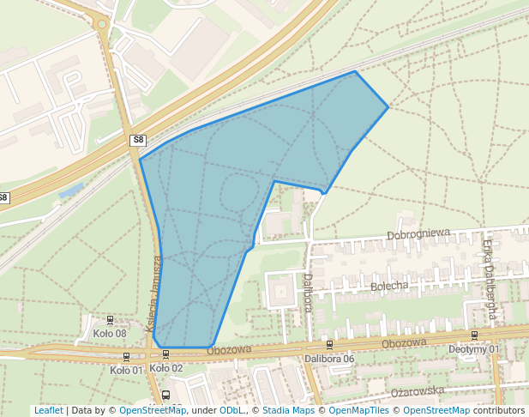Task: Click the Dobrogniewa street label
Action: pos(418,233)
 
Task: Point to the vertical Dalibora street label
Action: pos(308,293)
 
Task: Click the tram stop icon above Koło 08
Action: pos(109,320)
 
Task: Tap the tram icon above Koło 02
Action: pos(165,354)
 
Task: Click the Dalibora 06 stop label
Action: pos(329,359)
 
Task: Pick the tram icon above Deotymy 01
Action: pos(474,335)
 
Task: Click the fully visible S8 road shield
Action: pos(138,139)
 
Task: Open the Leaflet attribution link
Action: pos(48,410)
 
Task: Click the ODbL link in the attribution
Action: pos(231,410)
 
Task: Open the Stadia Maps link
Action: pos(288,410)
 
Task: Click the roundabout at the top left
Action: pos(103,24)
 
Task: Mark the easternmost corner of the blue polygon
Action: pos(388,106)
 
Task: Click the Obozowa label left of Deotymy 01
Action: pos(404,343)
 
